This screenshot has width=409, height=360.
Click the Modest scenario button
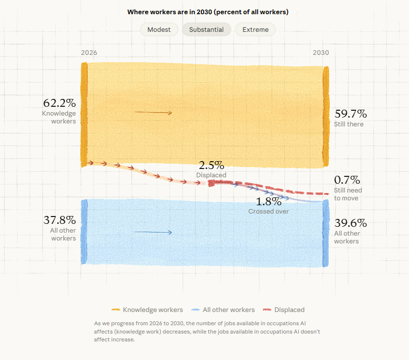coord(159,29)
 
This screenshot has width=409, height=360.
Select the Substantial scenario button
coord(207,29)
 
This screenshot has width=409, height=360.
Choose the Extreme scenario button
coord(255,29)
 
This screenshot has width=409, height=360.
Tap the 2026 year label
coord(89,53)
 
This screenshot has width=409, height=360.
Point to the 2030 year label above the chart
coord(321,53)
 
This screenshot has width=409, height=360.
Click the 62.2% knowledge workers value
coord(59,103)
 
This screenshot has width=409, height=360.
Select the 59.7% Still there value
coord(351,114)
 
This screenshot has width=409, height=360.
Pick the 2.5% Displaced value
coord(211,165)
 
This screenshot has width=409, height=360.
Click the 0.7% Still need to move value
coord(347,180)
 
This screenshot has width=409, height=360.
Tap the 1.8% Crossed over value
coord(269,201)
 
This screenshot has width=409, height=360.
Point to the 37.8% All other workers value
coord(59,220)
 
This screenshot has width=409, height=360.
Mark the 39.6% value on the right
coord(351,223)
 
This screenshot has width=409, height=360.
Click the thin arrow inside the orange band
coord(153,113)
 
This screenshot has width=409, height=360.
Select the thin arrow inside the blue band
coord(152,232)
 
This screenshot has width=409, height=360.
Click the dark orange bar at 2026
coord(84,115)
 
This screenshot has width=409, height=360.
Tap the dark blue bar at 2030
coord(326,234)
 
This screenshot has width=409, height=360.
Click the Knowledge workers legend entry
coord(147,310)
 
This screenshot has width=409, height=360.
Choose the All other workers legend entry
coord(223,310)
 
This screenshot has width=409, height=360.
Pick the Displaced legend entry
coord(284,310)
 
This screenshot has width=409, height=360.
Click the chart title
coord(208,12)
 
